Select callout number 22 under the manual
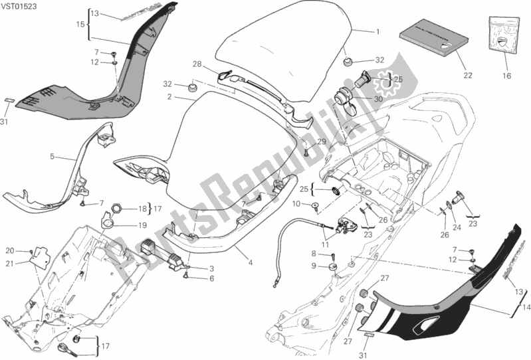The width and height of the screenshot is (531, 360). click(467, 76)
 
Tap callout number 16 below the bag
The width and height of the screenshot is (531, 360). click(506, 76)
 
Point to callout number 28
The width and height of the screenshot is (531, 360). click(197, 64)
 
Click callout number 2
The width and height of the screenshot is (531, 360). click(170, 97)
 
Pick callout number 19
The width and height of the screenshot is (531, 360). click(143, 225)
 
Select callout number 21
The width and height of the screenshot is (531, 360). click(11, 264)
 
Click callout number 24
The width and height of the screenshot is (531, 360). click(456, 228)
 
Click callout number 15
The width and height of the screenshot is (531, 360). click(79, 25)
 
